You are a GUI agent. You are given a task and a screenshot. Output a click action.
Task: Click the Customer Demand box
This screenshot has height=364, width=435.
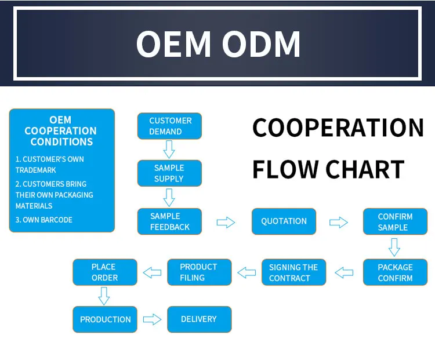tap(169, 126)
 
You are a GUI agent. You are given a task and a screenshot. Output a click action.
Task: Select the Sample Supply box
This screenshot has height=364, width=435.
tap(169, 173)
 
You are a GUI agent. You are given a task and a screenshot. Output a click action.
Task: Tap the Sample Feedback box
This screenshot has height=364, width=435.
tap(169, 221)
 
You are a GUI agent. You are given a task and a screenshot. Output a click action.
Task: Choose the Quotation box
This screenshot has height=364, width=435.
tap(284, 221)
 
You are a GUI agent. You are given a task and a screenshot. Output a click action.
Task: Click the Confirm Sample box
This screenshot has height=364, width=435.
tap(395, 221)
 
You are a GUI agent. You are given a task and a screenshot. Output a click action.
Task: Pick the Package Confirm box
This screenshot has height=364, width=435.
tap(395, 272)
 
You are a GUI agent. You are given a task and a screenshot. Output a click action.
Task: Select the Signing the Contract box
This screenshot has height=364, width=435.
tap(293, 272)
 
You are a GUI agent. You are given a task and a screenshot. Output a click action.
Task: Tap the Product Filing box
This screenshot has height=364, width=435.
tap(199, 272)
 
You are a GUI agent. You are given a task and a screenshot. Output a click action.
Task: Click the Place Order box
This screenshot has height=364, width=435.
tap(105, 272)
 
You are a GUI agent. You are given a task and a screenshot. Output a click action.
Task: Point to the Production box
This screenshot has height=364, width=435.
tap(105, 319)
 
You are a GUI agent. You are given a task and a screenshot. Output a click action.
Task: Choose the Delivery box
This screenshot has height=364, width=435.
tap(199, 319)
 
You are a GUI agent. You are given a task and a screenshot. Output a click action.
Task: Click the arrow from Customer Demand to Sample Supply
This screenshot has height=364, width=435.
tap(169, 149)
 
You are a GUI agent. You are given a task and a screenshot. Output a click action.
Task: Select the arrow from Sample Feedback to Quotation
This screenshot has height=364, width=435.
tap(226, 222)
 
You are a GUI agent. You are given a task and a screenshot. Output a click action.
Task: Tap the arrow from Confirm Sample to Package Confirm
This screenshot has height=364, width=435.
tap(394, 247)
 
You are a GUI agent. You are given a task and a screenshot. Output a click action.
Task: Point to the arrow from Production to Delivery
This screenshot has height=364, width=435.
tap(152, 319)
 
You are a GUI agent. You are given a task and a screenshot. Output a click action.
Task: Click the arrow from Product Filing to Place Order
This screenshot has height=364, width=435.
tap(152, 272)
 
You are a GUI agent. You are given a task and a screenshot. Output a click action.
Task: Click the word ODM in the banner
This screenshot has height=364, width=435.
tap(261, 44)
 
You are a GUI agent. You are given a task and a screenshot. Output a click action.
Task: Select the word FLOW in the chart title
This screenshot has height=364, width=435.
tap(285, 169)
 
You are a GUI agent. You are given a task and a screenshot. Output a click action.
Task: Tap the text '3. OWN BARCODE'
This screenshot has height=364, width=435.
tap(44, 220)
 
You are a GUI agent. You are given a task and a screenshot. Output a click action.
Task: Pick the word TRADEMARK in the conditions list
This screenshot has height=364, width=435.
tap(36, 170)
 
